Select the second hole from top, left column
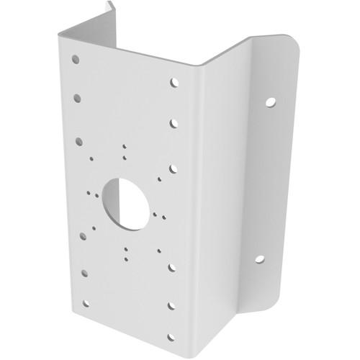pyautogui.click(x=77, y=96)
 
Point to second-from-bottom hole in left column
pyautogui.click(x=84, y=271)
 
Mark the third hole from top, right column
pyautogui.click(x=174, y=170)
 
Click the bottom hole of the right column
pyautogui.click(x=171, y=338)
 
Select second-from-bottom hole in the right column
pyautogui.click(x=172, y=305)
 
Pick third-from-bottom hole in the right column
pyautogui.click(x=173, y=266)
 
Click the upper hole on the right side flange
pyautogui.click(x=270, y=102)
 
